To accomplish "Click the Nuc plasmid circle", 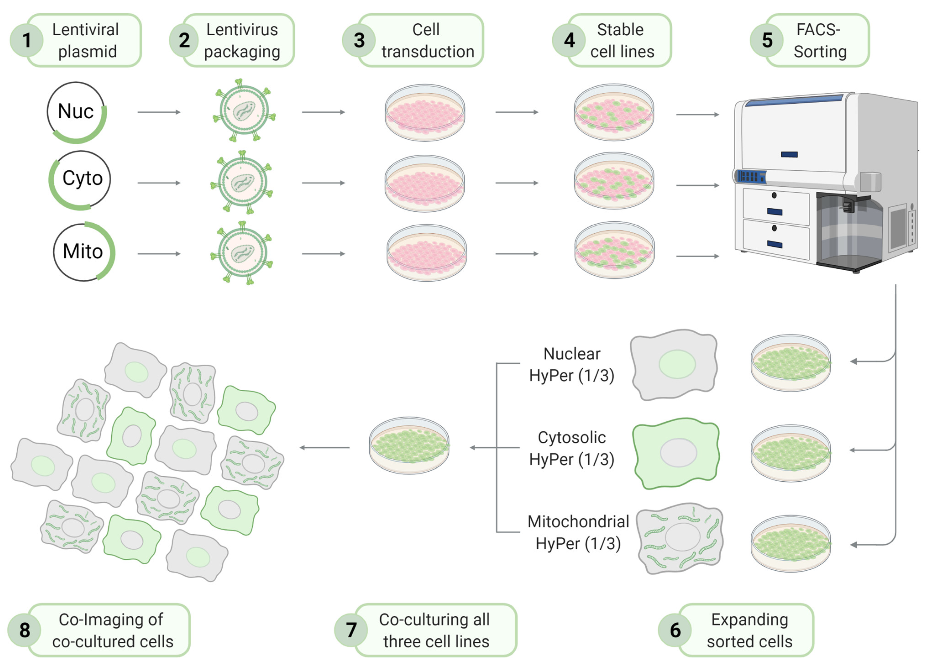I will pyautogui.click(x=76, y=112).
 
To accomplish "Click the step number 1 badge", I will pyautogui.click(x=26, y=40).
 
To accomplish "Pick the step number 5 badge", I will pyautogui.click(x=767, y=40).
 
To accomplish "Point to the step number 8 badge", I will pyautogui.click(x=25, y=630).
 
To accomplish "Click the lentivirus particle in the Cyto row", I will pyautogui.click(x=242, y=182).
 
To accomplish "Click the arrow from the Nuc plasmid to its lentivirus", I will pyautogui.click(x=159, y=112).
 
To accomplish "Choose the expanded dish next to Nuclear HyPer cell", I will pyautogui.click(x=790, y=363).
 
